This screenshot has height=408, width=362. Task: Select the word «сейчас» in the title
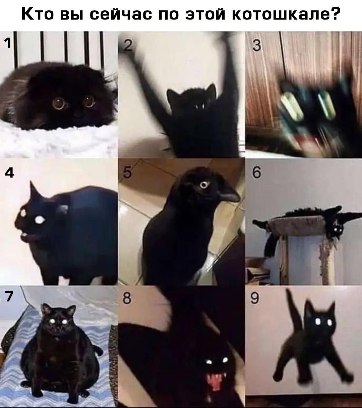[121, 13]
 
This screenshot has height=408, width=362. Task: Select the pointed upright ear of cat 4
[34, 190]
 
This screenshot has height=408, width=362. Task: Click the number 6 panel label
[256, 172]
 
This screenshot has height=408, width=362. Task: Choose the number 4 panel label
[9, 172]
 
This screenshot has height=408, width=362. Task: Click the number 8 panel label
[127, 298]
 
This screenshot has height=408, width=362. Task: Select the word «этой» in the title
[205, 13]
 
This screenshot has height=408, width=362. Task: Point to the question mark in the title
[334, 13]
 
